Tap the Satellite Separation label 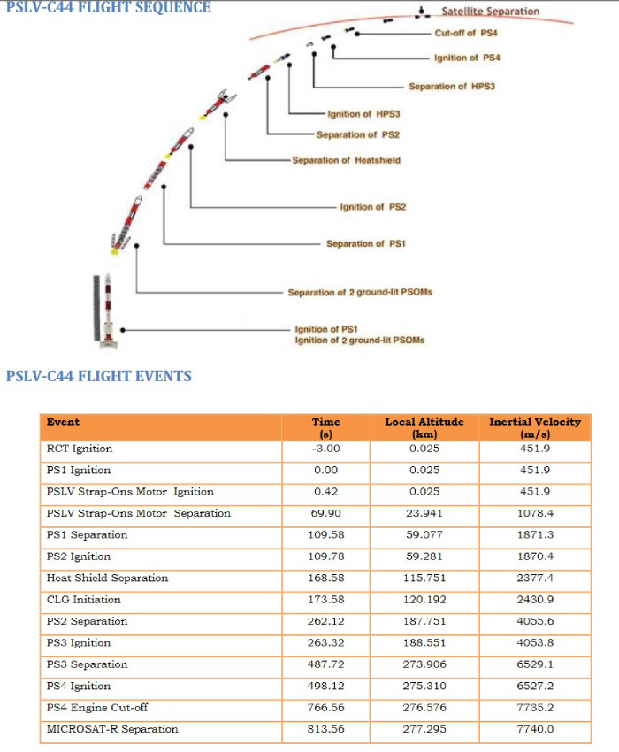[490, 12]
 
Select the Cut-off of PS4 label [466, 33]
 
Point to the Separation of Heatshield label [346, 160]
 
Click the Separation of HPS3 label [451, 87]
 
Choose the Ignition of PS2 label [372, 207]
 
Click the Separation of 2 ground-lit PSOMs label [360, 292]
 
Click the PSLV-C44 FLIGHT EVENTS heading [99, 376]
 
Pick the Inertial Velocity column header [535, 427]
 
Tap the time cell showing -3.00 [326, 449]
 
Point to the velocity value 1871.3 [535, 534]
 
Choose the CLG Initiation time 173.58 [326, 599]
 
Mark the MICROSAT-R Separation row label [112, 729]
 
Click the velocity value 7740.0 [535, 729]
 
